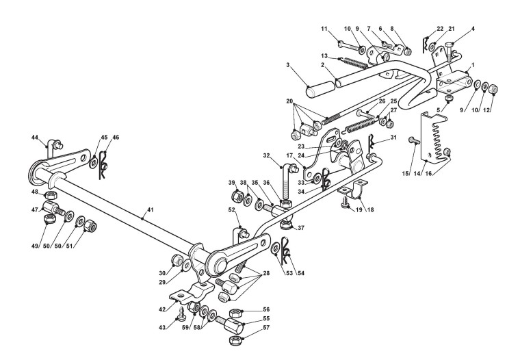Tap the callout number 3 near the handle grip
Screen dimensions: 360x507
[289, 65]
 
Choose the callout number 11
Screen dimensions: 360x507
[324, 27]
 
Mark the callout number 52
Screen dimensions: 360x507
[232, 209]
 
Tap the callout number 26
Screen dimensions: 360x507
[382, 101]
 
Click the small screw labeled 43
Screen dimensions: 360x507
[182, 316]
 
